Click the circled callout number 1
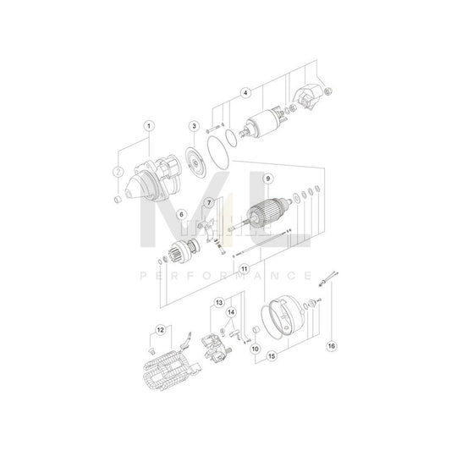[149, 126]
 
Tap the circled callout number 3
[194, 126]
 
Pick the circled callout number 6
[180, 215]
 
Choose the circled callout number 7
[207, 204]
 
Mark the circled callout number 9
[267, 179]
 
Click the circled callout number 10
[255, 349]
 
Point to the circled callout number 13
[218, 302]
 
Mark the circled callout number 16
[332, 345]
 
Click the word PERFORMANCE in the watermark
[225, 276]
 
